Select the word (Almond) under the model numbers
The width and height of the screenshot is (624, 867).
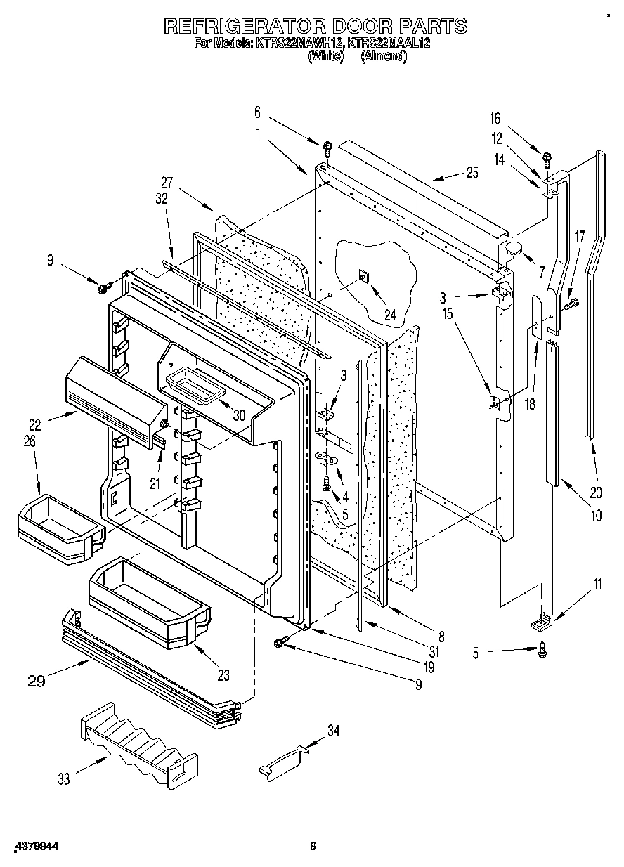[384, 57]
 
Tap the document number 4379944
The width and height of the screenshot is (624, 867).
[34, 847]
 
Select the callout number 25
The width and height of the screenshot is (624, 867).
[472, 171]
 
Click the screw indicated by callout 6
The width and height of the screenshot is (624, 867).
[327, 148]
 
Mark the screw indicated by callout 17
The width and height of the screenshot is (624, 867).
[571, 304]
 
